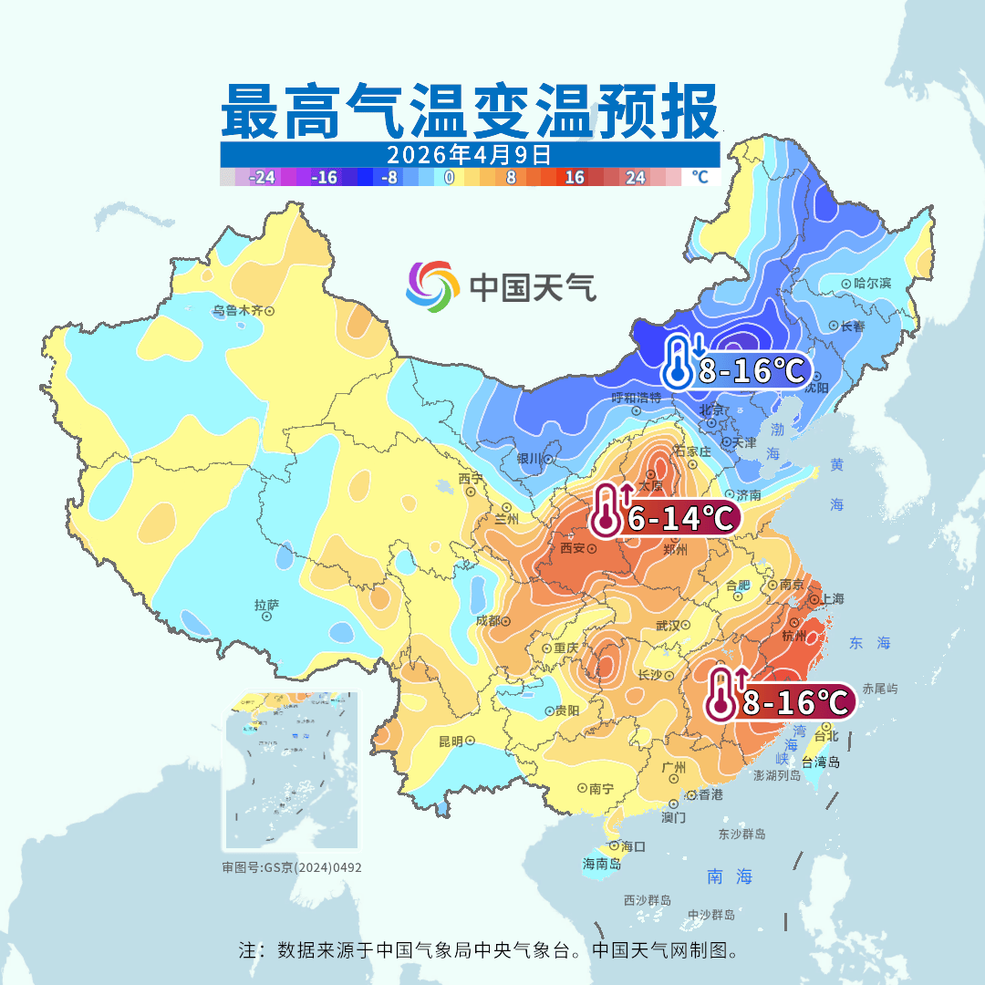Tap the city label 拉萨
[x=266, y=605]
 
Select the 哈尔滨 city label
[x=872, y=284]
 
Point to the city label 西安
[x=572, y=549]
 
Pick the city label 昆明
[x=451, y=741]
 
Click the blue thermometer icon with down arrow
[x=681, y=362]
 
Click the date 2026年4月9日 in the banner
[x=469, y=153]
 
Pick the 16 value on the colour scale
[x=575, y=178]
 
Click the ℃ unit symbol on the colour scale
[x=700, y=177]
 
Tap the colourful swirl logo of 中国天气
[x=431, y=286]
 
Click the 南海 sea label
[x=731, y=877]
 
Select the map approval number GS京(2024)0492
[x=292, y=867]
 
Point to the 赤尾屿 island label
[x=880, y=689]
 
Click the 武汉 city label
[x=668, y=626]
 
